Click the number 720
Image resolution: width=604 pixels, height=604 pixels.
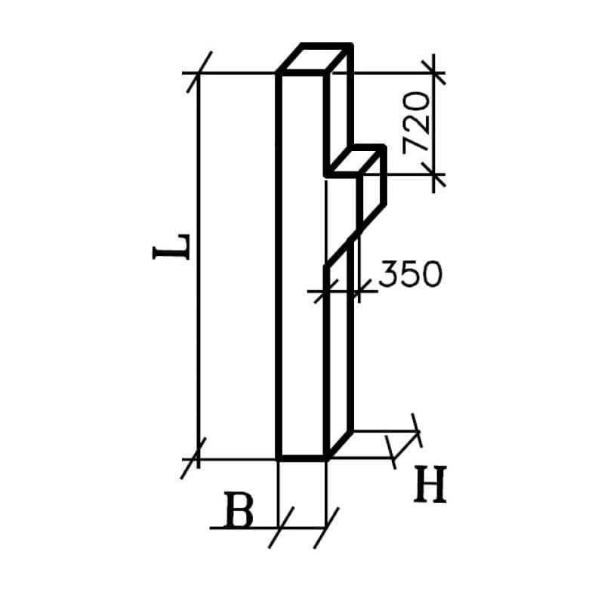418,123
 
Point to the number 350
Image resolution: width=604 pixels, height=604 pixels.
409,275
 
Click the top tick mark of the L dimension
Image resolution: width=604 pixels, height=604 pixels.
199,73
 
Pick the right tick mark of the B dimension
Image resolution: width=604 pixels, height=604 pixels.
326,528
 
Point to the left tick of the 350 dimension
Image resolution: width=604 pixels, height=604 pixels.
325,289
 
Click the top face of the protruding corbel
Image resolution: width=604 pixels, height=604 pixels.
355,161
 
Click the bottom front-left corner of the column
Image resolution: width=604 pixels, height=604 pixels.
279,458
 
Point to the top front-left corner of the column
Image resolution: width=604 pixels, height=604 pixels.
279,74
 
